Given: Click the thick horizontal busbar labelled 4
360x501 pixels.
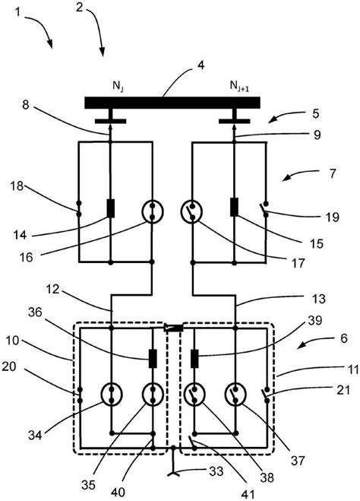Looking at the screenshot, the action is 172,103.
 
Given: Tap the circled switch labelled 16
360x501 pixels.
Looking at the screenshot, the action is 152,211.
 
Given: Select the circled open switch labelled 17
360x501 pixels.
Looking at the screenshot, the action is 192,211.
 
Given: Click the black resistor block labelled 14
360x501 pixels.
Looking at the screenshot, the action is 110,208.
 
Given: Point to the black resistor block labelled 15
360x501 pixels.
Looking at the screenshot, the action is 234,207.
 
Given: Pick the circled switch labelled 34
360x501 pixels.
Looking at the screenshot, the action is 112,395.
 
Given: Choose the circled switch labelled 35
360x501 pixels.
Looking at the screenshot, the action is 153,395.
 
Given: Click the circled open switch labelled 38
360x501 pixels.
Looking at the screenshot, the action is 194,395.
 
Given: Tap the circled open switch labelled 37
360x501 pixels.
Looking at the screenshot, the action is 235,395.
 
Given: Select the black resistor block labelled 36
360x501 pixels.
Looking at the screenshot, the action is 153,359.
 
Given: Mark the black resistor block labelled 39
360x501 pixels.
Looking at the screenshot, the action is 194,359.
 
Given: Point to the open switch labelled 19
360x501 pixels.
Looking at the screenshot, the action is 264,209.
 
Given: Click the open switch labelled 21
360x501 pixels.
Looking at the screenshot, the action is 266,395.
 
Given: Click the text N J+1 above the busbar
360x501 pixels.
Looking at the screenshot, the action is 239,86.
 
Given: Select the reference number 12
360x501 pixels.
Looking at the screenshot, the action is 52,289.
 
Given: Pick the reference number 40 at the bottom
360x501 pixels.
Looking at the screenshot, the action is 118,492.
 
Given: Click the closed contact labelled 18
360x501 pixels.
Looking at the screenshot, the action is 79,208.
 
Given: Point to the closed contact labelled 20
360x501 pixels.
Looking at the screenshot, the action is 80,395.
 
